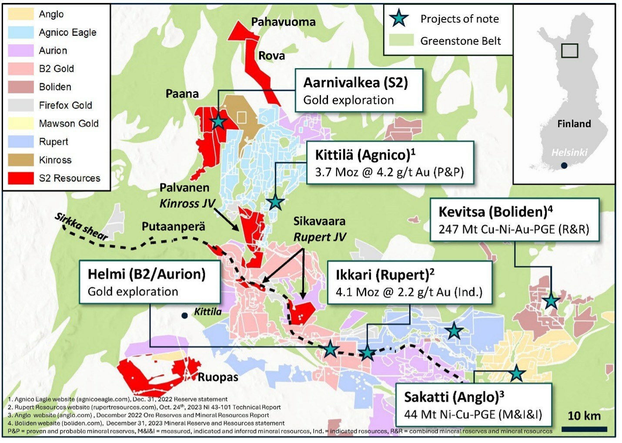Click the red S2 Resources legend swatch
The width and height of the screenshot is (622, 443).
[x=20, y=178]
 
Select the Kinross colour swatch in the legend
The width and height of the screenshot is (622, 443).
[x=20, y=160]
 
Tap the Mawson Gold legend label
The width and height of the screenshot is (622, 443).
[x=69, y=123]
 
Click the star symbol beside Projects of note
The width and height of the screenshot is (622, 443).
[x=398, y=19]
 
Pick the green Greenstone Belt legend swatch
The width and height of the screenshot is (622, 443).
[x=401, y=40]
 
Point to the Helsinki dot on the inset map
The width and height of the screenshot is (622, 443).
[x=564, y=165]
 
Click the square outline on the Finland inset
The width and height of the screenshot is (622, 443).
[x=569, y=51]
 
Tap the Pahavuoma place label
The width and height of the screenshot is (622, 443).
[x=283, y=22]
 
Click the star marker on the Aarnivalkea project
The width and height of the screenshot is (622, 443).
[x=218, y=122]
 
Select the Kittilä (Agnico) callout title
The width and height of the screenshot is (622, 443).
[x=365, y=155]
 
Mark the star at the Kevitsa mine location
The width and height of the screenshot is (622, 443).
[x=551, y=301]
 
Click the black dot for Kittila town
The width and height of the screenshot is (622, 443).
[x=184, y=315]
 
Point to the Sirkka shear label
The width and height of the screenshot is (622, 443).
[x=81, y=226]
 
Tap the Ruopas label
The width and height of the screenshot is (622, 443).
[x=218, y=377]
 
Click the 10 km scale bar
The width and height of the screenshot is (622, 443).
[x=584, y=429]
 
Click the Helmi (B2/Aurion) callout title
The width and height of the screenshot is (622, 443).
[x=147, y=274]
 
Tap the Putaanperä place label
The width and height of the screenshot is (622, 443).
[x=173, y=226]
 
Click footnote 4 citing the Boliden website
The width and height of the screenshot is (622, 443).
[x=146, y=423]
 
